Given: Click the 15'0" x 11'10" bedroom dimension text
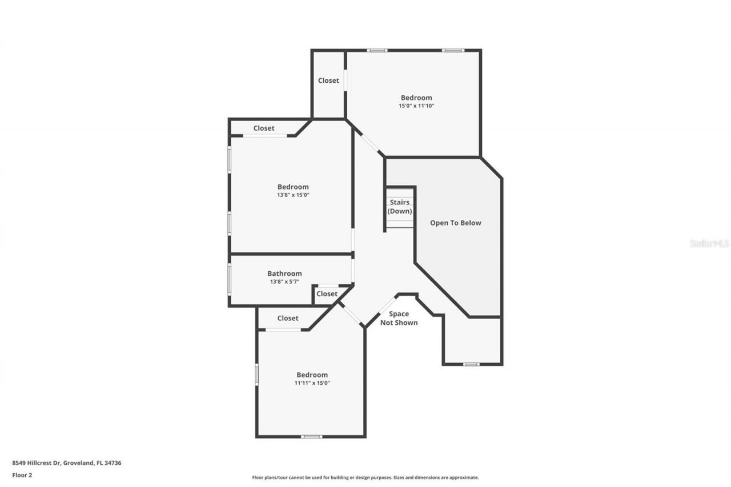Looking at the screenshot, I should click(416, 106).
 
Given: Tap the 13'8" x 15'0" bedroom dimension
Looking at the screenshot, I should click(293, 195).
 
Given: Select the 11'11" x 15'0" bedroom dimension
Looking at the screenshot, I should click(312, 383).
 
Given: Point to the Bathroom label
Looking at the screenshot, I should click(284, 273).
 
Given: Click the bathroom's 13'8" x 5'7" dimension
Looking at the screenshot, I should click(284, 281).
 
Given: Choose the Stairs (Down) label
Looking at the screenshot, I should click(400, 207).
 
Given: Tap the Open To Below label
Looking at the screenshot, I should click(455, 223).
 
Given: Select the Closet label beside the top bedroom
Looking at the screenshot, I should click(328, 81).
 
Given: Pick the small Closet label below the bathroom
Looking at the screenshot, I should click(327, 293).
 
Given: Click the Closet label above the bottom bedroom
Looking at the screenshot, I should click(288, 318).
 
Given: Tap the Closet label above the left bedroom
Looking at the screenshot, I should click(264, 128).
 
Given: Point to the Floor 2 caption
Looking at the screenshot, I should click(22, 474).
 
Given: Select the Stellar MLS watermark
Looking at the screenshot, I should click(709, 243).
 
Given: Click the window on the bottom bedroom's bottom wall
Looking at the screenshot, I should click(311, 437).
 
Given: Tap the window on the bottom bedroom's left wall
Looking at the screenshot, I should click(256, 375).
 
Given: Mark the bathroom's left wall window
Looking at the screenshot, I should click(230, 279).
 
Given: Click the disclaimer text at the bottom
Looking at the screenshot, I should click(365, 477).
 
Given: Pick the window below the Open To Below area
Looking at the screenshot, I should click(471, 364).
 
